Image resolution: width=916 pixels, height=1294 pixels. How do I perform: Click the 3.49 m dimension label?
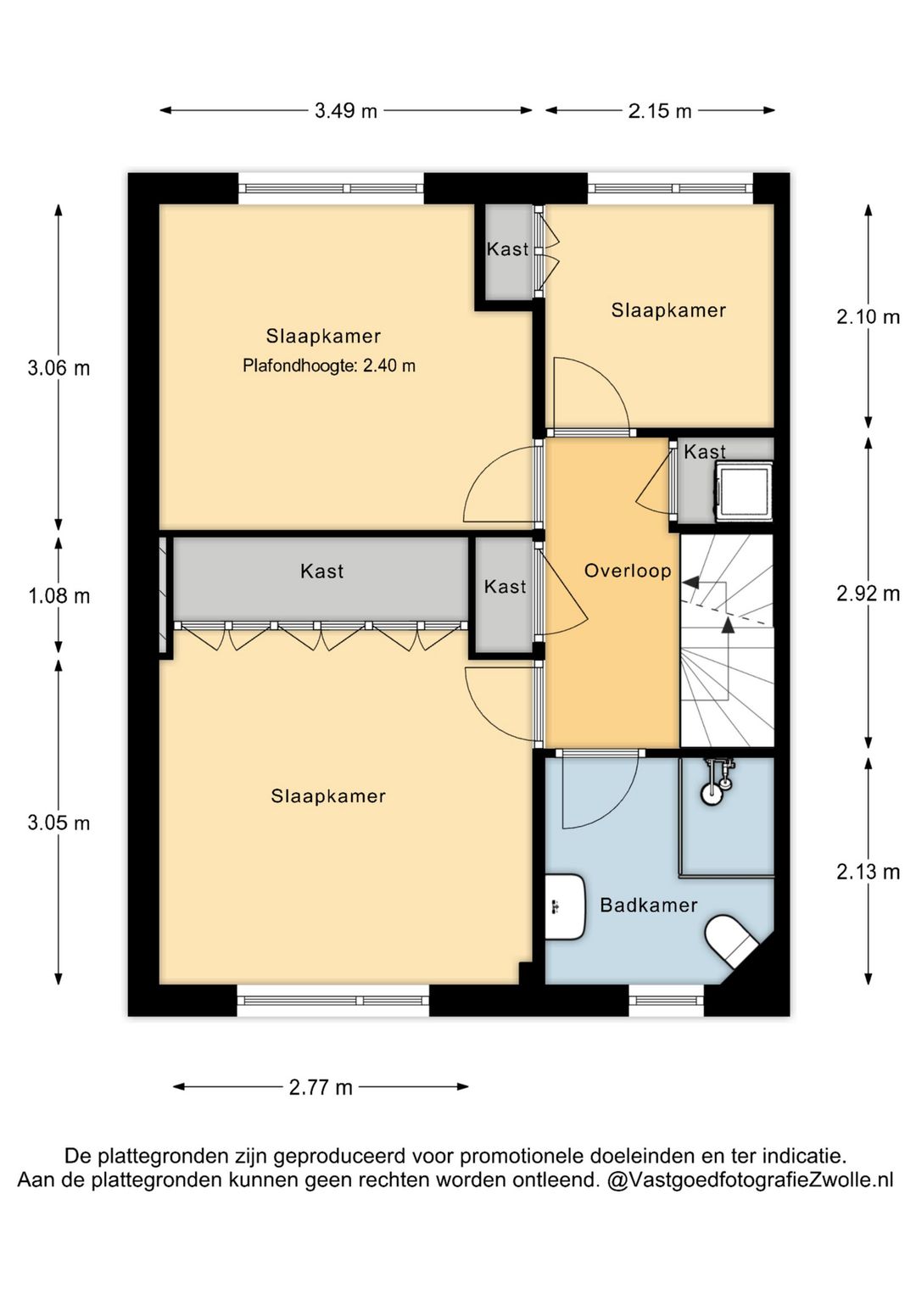point(345,110)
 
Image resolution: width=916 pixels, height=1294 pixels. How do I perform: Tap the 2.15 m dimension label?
point(660,110)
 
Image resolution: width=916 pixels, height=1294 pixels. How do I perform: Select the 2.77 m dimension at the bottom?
point(321,1088)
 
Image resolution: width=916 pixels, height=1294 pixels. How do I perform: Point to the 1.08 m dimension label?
point(59,595)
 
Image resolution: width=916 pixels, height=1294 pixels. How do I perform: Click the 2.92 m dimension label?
point(868,594)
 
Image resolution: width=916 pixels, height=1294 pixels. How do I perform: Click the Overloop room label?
point(628,572)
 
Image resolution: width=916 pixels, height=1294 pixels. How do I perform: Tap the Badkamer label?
point(649,905)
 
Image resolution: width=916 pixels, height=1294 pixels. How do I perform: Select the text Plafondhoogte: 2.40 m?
point(329,365)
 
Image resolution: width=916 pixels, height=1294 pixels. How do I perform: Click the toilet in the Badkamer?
point(731,940)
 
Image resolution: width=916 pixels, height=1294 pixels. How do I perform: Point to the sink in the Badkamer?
point(565,906)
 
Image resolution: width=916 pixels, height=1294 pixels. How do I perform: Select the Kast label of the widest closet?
point(322,572)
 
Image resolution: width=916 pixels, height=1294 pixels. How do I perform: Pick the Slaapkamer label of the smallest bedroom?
point(668,310)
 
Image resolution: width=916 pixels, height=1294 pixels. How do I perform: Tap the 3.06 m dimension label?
point(59,368)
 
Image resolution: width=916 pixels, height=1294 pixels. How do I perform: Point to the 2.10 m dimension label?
point(868,316)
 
